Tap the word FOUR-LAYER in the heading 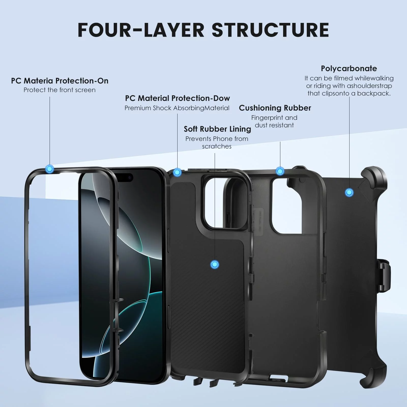141,30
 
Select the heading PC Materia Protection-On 60,81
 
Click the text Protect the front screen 60,90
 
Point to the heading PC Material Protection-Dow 177,98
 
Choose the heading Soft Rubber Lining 217,129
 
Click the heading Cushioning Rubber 275,108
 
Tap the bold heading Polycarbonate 349,68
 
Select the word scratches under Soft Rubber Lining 217,146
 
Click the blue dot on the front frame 50,168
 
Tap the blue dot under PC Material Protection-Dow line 177,172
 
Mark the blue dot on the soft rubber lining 215,265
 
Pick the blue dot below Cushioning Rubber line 280,171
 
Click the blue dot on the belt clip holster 349,193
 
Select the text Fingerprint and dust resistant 274,121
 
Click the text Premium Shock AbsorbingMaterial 177,108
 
